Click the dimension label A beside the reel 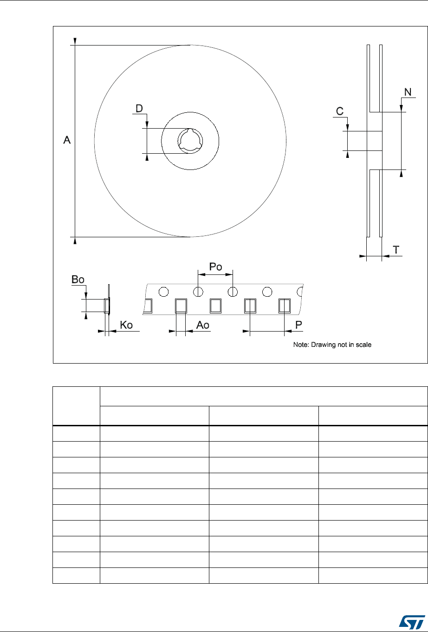coord(67,139)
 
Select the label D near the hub coord(139,109)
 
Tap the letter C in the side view coord(340,111)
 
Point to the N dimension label coord(407,92)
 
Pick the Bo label coord(77,280)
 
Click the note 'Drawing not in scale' coord(332,345)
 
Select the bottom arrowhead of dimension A coord(74,240)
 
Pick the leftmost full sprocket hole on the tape coord(163,292)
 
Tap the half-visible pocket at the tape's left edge coord(148,306)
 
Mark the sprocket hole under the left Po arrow coord(198,292)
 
